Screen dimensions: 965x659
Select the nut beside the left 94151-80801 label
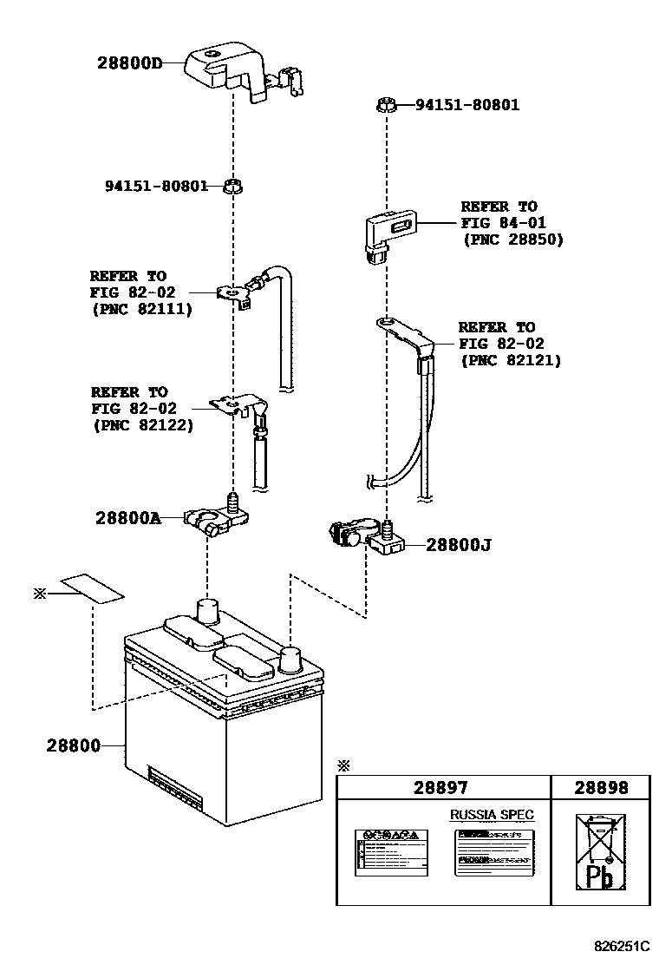click(232, 186)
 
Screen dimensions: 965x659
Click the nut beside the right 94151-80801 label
click(388, 106)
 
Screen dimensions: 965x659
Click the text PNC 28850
click(512, 240)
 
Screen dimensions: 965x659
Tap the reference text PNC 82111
click(141, 308)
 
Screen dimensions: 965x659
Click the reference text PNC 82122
click(142, 425)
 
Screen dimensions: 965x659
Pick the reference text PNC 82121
click(511, 359)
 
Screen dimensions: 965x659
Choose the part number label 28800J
click(459, 545)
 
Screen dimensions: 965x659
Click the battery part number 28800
click(74, 745)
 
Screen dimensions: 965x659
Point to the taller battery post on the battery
click(208, 610)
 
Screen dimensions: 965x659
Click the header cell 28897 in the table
click(440, 787)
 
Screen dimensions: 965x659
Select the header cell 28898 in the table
click(600, 787)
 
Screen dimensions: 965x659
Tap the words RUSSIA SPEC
click(491, 814)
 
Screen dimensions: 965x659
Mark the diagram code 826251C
click(622, 945)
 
